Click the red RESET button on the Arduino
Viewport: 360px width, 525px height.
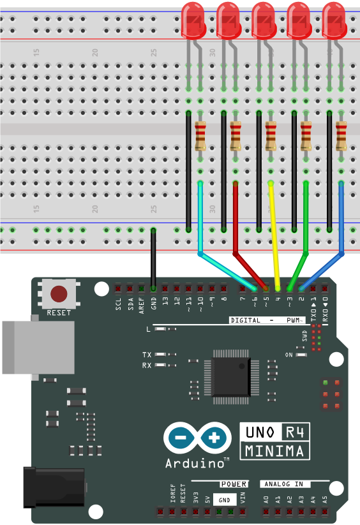[59, 293]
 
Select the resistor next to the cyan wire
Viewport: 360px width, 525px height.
[200, 136]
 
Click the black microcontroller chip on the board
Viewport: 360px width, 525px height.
[232, 376]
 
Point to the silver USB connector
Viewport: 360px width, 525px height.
[38, 347]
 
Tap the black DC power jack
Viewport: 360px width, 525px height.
[54, 487]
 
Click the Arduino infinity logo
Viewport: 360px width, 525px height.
[198, 438]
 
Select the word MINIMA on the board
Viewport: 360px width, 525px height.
[274, 451]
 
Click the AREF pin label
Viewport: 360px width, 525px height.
[142, 306]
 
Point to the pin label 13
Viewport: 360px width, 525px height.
[165, 301]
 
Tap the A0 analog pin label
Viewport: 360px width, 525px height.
[266, 500]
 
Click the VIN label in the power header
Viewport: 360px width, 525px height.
[243, 498]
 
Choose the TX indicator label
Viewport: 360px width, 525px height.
[147, 355]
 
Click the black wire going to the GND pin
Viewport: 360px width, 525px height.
[153, 259]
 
